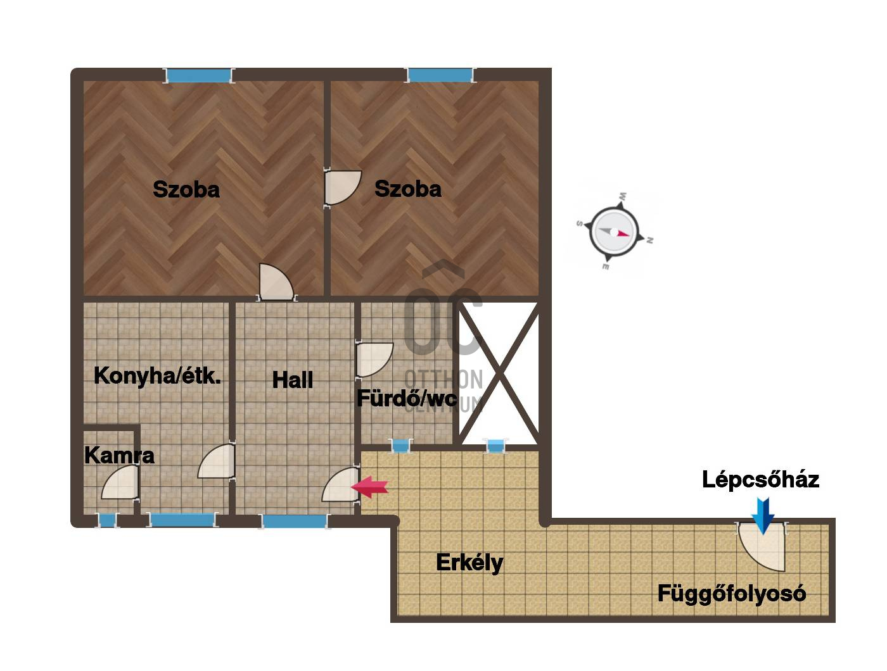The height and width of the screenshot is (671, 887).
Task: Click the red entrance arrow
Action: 369,487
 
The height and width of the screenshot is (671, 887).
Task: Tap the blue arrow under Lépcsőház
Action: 763,515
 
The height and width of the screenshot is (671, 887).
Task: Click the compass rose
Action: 614,231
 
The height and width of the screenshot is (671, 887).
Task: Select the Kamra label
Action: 119,455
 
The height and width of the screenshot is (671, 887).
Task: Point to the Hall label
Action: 293,380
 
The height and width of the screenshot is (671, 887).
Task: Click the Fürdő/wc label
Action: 407,398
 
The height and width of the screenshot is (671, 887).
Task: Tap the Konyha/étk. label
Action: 157,376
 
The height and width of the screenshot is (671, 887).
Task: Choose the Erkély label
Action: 469,563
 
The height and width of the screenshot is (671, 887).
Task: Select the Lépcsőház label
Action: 760,480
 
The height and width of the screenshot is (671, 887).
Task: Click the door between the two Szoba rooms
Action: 342,187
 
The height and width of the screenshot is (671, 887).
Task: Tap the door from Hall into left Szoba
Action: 276,282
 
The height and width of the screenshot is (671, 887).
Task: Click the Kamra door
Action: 120,482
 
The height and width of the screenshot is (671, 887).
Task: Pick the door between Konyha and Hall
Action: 217,461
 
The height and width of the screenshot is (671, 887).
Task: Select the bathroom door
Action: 374,360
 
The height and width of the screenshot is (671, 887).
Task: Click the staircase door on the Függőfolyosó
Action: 762,547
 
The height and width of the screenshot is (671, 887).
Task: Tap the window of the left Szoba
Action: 198,75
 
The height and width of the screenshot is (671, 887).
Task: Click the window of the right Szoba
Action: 440,75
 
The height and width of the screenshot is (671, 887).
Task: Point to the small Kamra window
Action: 107,520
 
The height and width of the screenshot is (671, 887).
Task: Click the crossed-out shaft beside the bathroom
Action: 499,373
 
